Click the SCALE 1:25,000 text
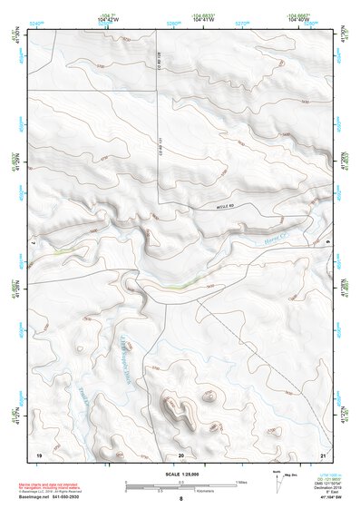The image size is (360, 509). pyautogui.click(x=181, y=474)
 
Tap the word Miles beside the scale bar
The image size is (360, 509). pyautogui.click(x=241, y=482)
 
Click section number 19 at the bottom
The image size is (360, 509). pyautogui.click(x=38, y=455)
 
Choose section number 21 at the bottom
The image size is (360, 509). pyautogui.click(x=323, y=455)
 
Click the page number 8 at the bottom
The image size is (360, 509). pyautogui.click(x=180, y=500)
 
